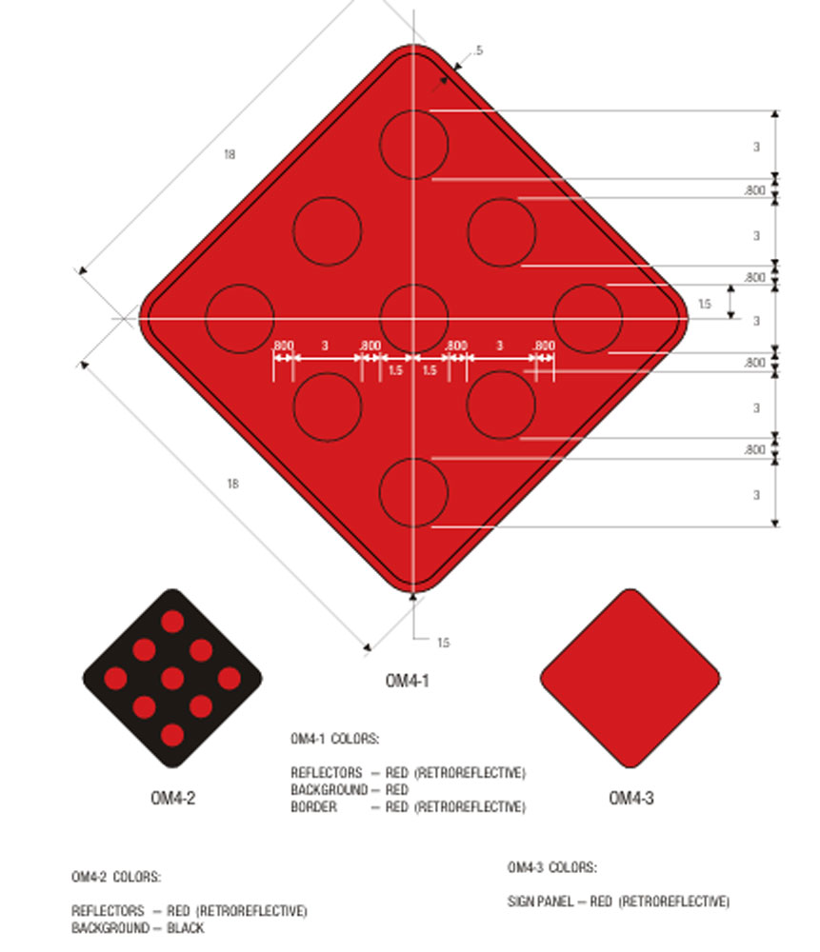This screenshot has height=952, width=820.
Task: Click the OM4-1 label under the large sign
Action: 407,681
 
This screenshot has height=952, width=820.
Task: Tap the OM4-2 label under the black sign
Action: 173,798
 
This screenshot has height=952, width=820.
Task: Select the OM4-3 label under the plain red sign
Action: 631,798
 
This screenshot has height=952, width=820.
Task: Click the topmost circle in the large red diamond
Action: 414,110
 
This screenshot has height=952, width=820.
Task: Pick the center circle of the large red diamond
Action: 414,285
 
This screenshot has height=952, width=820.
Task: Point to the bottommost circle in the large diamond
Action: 414,459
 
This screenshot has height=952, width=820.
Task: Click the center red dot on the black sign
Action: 172,678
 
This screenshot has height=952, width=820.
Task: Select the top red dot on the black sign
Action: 172,621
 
